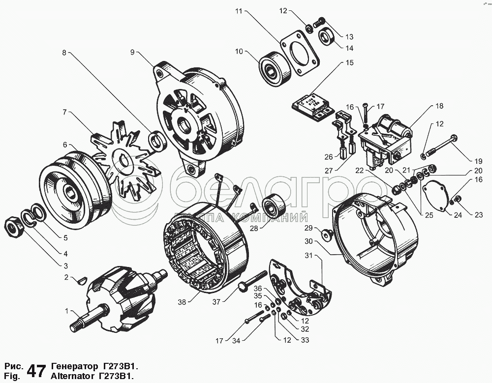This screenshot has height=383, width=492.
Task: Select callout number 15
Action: pos(350,63)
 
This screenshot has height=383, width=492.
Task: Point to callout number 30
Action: pos(308,241)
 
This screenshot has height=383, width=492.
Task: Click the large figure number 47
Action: pos(37,371)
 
